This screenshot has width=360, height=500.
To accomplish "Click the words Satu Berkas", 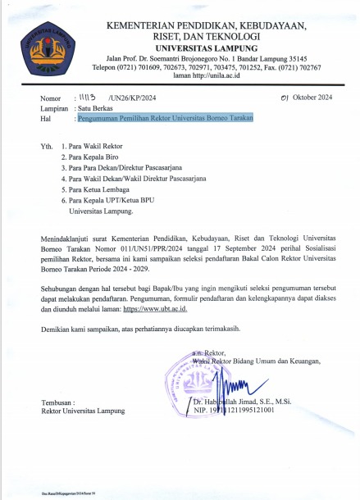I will click(95, 107).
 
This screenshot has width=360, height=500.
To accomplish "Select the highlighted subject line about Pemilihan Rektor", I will click(164, 117).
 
